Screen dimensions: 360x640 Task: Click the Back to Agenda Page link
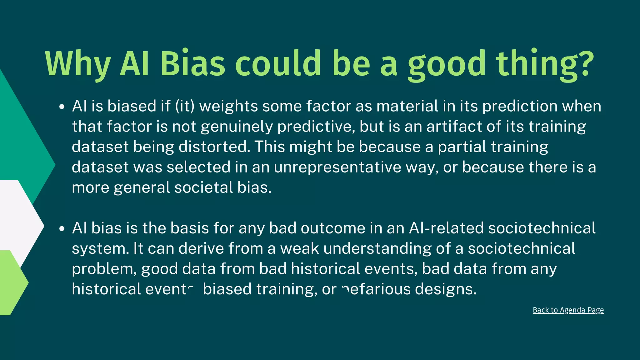[568, 310]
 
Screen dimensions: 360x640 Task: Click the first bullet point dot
[62, 107]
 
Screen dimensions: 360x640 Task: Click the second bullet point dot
[62, 229]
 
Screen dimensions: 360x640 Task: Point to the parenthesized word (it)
[185, 106]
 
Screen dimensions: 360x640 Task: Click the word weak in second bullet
[299, 249]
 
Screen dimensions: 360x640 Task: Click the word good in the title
[447, 64]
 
